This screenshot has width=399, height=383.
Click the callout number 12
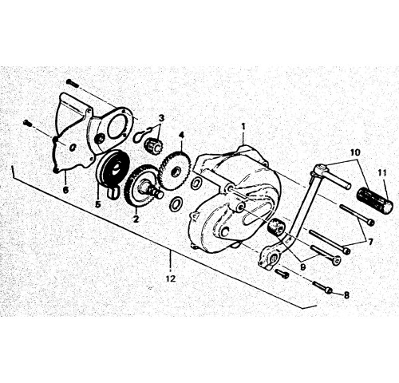[x=171, y=278]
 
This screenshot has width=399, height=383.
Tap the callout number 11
[x=382, y=174]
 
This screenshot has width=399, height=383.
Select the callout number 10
[x=355, y=152]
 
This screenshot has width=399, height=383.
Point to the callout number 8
[x=346, y=295]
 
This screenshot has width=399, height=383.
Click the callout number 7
[x=370, y=242]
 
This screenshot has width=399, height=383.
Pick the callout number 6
[x=65, y=190]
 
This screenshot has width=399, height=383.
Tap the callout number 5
[x=98, y=204]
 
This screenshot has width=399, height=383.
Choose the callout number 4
[x=181, y=135]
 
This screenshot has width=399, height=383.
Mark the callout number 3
[x=162, y=117]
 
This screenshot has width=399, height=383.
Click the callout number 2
[x=136, y=219]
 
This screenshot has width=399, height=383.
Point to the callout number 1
[x=243, y=127]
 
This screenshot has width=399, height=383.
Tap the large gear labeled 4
[x=175, y=170]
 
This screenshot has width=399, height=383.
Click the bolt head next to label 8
[x=330, y=290]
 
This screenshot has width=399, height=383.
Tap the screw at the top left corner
[x=72, y=83]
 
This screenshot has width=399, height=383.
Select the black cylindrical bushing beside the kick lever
[x=276, y=227]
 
